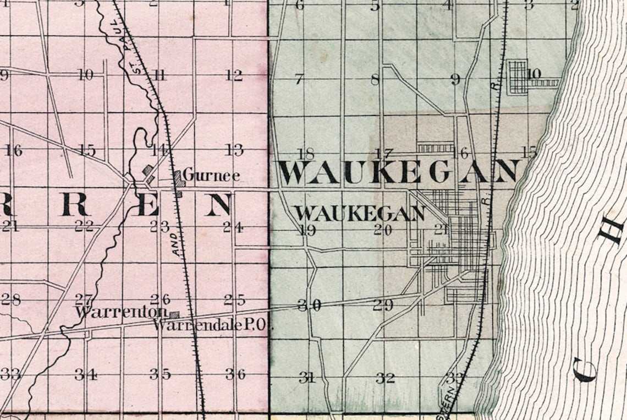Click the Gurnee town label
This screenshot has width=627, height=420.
[x=211, y=176]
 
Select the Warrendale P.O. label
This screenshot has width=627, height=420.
[x=213, y=325]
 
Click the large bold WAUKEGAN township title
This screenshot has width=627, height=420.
[x=398, y=172]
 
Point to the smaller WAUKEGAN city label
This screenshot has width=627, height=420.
[x=360, y=213]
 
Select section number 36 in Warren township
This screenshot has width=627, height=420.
[x=235, y=374]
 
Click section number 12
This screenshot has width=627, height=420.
[x=233, y=75]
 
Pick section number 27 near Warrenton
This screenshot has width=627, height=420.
[x=84, y=300]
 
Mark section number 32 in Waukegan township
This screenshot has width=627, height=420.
[x=385, y=378]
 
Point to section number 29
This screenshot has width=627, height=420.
[x=383, y=305]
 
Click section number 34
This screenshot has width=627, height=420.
[x=86, y=375]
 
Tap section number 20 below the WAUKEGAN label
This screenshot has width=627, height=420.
[x=383, y=231]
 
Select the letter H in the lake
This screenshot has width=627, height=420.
[x=612, y=230]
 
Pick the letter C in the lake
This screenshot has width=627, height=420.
[x=584, y=369]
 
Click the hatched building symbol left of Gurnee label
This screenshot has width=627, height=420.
[x=178, y=179]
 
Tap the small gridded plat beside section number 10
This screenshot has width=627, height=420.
[x=518, y=77]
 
